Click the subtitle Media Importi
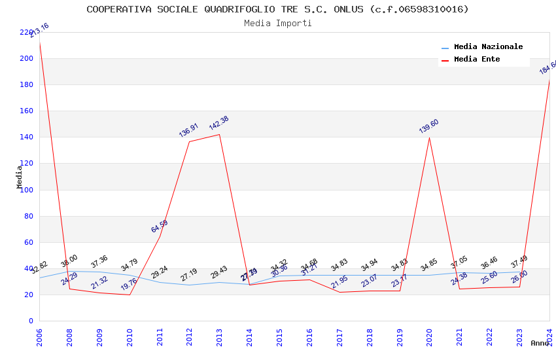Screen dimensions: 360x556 [277, 24]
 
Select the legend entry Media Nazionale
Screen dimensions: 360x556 [488, 47]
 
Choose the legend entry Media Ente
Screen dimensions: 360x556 [477, 60]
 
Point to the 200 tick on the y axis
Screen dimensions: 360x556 [26, 59]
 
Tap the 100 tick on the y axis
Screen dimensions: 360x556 [26, 190]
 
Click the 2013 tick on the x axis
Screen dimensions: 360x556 [219, 334]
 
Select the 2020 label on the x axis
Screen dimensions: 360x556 [429, 334]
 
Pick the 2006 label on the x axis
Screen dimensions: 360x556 [39, 334]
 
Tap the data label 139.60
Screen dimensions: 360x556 [428, 126]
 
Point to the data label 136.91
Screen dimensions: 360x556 [188, 130]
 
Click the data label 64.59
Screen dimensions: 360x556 [159, 226]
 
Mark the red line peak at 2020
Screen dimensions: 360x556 [429, 137]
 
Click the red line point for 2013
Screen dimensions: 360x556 [219, 134]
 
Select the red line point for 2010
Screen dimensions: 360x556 [129, 295]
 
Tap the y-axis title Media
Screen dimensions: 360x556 [20, 177]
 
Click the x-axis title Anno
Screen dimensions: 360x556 [540, 343]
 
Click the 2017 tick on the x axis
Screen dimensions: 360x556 [339, 334]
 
